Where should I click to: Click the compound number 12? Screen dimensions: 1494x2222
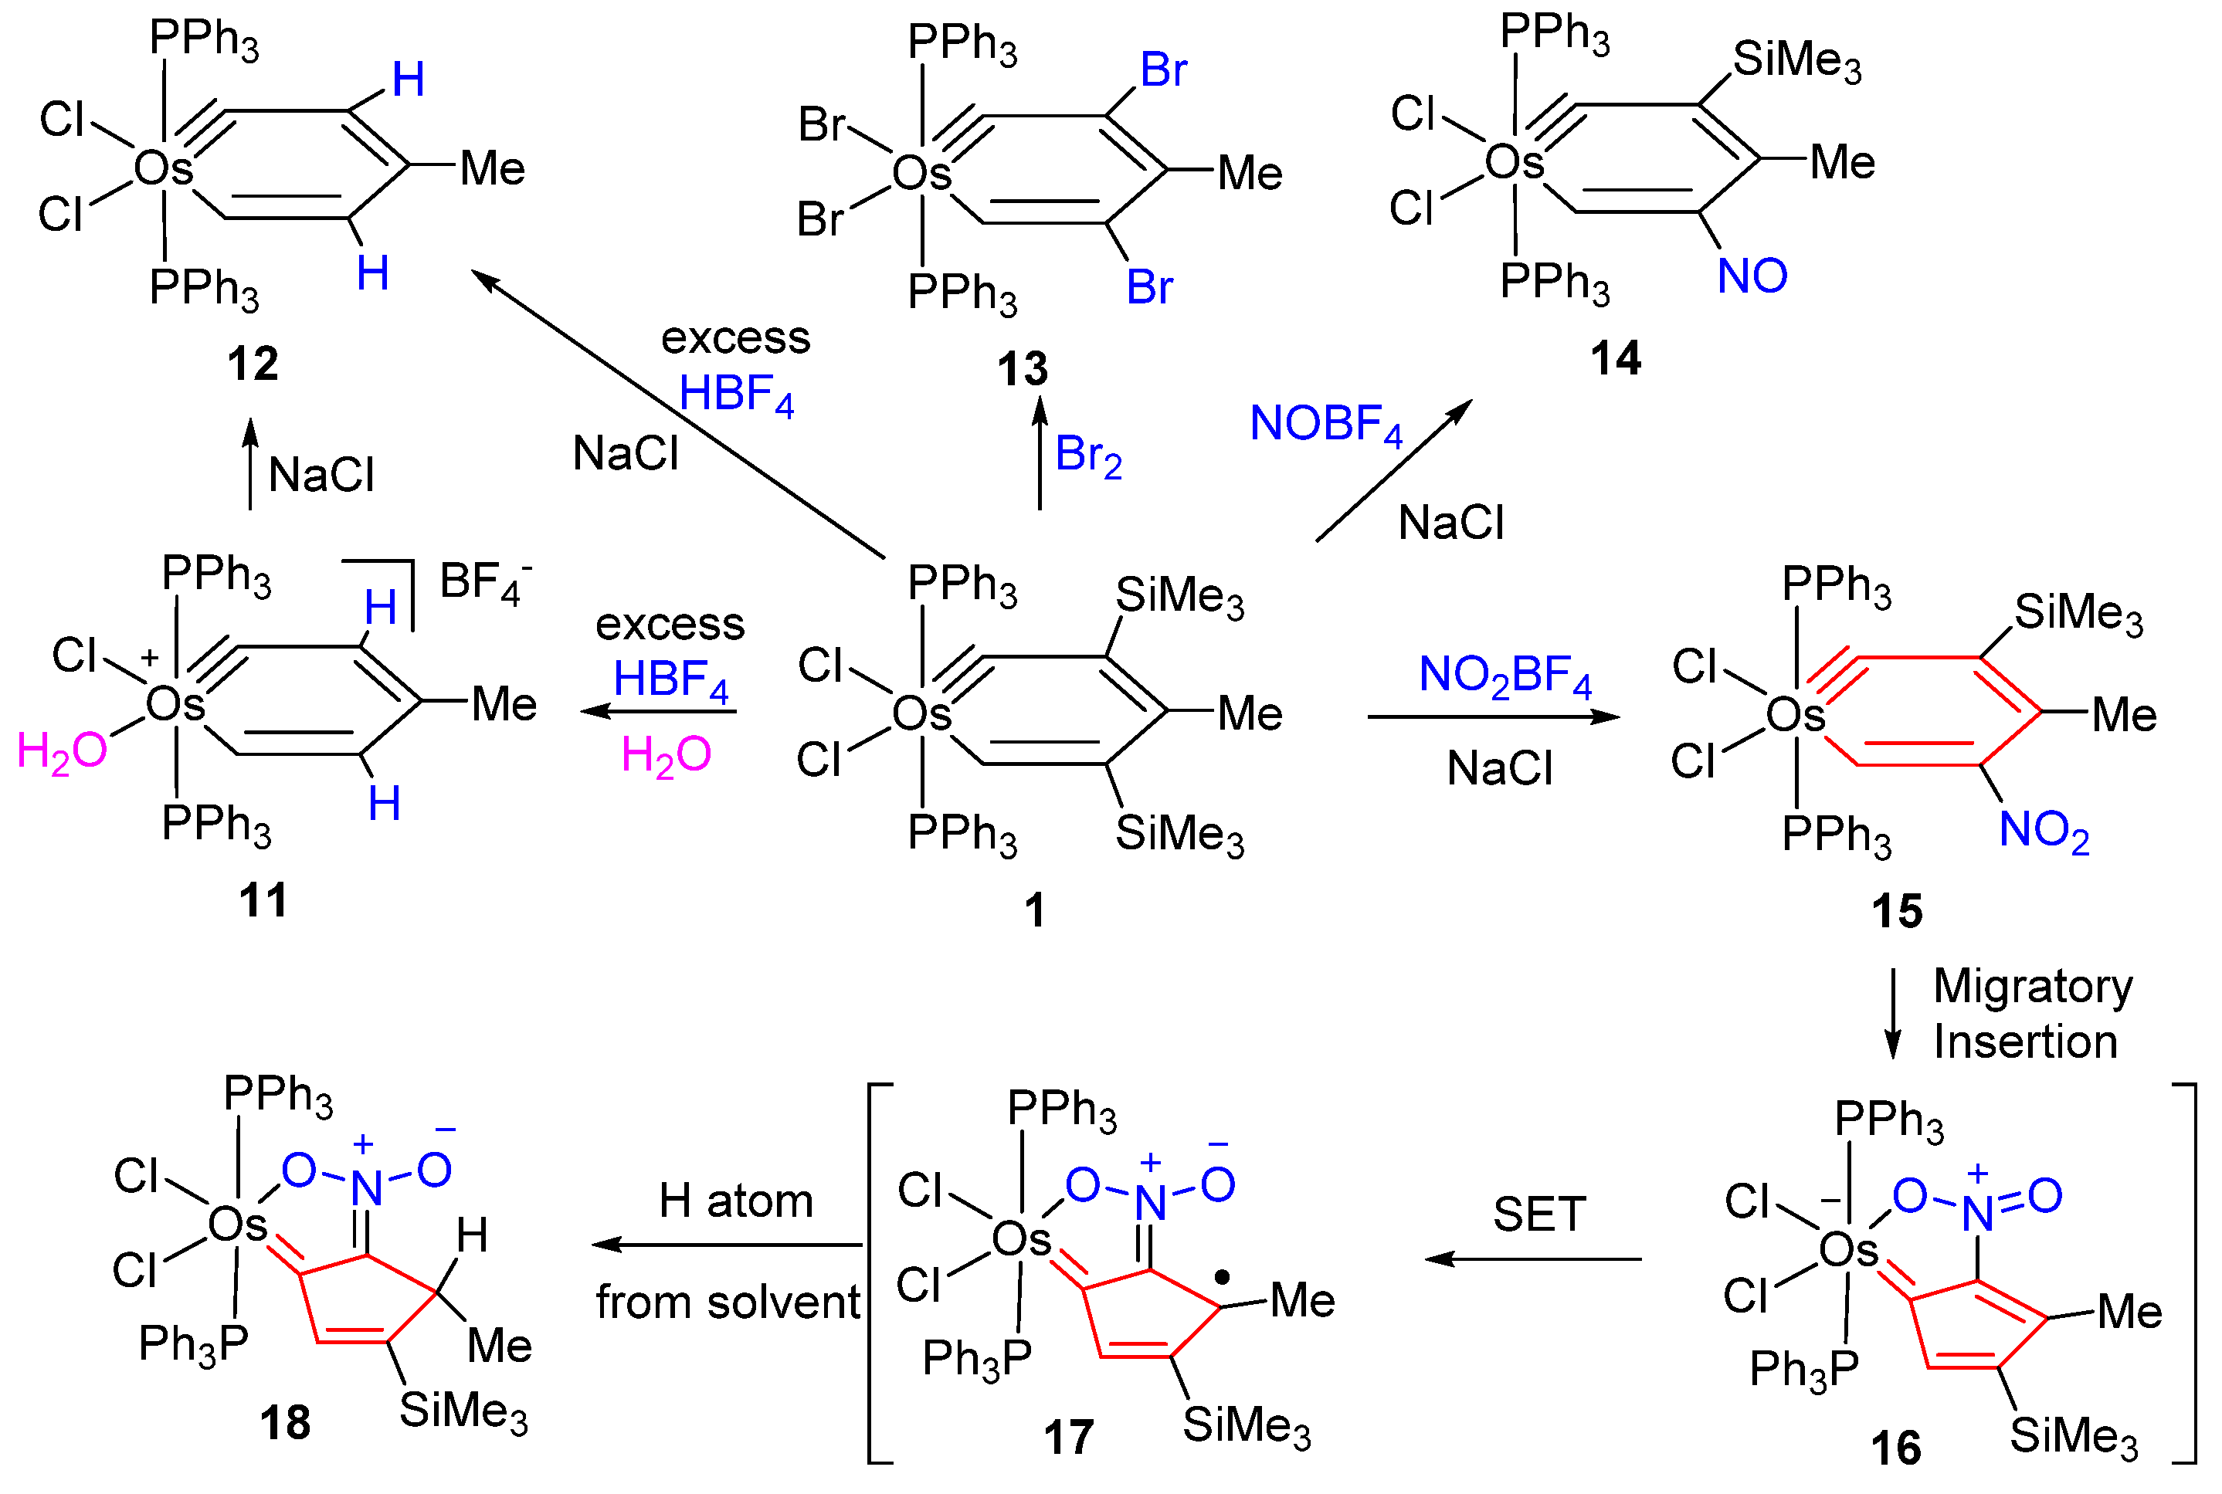(x=253, y=364)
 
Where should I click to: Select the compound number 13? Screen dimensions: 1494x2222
(x=1023, y=370)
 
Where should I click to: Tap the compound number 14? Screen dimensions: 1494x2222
(x=1616, y=359)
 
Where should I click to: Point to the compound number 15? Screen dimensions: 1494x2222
(x=1897, y=911)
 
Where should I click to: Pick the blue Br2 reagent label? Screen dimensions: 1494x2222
(x=1088, y=456)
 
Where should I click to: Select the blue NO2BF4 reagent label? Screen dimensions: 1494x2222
(x=1505, y=676)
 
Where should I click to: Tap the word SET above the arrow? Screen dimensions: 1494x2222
(x=1538, y=1215)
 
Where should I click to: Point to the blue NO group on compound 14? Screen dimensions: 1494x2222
(x=1752, y=276)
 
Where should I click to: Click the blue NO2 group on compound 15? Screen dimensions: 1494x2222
(x=2044, y=831)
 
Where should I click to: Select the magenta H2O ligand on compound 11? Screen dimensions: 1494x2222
(x=62, y=752)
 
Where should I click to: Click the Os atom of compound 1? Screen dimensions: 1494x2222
(x=921, y=713)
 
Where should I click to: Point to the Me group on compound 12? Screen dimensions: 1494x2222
(x=493, y=168)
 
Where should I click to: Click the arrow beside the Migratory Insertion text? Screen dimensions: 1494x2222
(x=1893, y=1015)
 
